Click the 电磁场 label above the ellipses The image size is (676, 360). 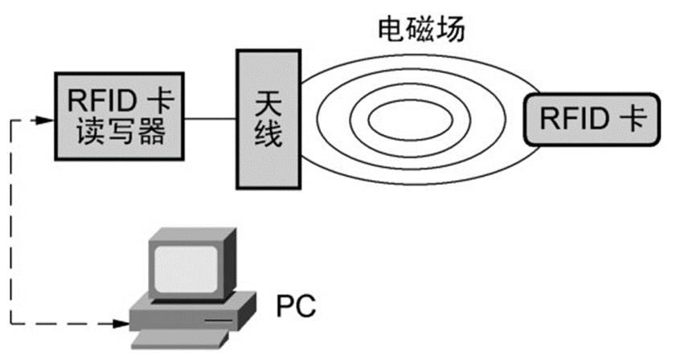tap(421, 31)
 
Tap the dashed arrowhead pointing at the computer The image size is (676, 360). tap(122, 325)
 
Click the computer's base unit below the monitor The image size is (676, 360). tap(193, 313)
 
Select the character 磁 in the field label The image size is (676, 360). tap(421, 31)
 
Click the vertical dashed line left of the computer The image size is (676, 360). tap(11, 225)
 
